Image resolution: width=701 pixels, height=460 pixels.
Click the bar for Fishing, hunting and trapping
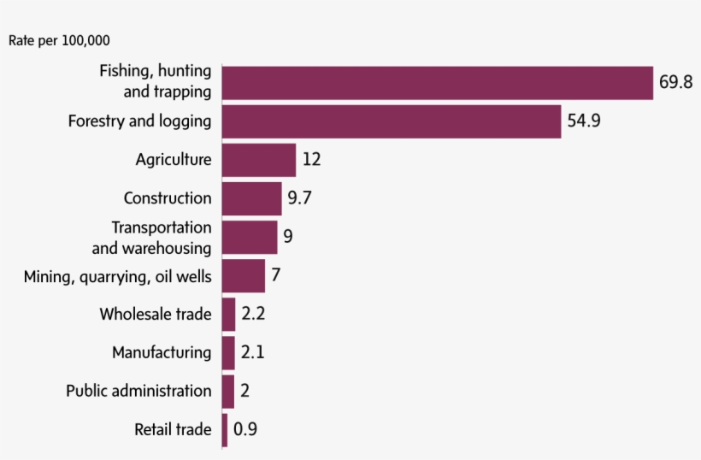click(437, 82)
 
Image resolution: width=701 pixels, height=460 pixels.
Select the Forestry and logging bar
click(392, 121)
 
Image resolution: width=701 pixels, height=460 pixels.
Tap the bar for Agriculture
click(259, 160)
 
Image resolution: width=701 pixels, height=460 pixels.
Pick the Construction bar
click(252, 198)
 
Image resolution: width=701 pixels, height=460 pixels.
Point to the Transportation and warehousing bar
click(250, 237)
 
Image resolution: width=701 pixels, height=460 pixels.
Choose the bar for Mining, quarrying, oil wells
click(244, 276)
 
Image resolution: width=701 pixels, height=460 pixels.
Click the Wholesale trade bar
click(228, 315)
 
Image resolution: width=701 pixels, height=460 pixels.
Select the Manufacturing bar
click(228, 352)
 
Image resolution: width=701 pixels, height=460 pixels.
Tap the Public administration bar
click(227, 391)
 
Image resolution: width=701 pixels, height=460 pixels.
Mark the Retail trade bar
click(225, 430)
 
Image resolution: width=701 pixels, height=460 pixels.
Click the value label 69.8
click(675, 83)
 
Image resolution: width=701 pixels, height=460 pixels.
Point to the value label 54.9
click(584, 121)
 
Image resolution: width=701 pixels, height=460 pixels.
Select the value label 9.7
click(299, 198)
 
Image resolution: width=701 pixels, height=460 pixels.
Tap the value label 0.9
click(245, 430)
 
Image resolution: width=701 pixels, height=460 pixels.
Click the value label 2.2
click(253, 315)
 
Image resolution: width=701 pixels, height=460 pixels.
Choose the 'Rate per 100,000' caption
click(59, 40)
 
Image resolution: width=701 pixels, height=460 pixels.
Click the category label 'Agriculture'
click(173, 160)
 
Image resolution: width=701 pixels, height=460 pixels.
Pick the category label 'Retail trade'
click(172, 430)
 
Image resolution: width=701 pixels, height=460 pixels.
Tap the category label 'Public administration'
click(138, 391)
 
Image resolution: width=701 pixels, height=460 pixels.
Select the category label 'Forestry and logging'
click(139, 121)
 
